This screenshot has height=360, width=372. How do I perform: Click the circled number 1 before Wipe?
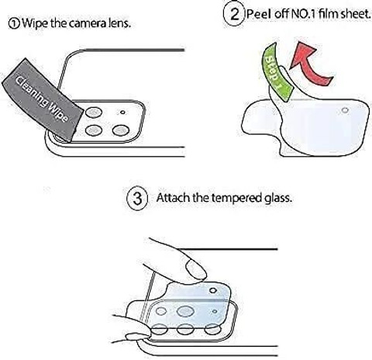[14, 24]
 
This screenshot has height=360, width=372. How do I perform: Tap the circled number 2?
[234, 14]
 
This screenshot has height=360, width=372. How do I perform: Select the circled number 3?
[137, 199]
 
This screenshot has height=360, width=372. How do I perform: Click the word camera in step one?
[88, 23]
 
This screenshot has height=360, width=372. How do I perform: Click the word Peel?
[259, 14]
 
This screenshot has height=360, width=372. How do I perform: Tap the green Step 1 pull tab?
[277, 72]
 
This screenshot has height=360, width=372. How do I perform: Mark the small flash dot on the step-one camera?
[122, 112]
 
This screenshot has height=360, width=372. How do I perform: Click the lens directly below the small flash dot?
[121, 130]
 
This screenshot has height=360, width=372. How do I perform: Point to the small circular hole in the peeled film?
[345, 110]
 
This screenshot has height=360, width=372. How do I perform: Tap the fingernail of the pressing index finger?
[196, 269]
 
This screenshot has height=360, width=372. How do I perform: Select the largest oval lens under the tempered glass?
[185, 311]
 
